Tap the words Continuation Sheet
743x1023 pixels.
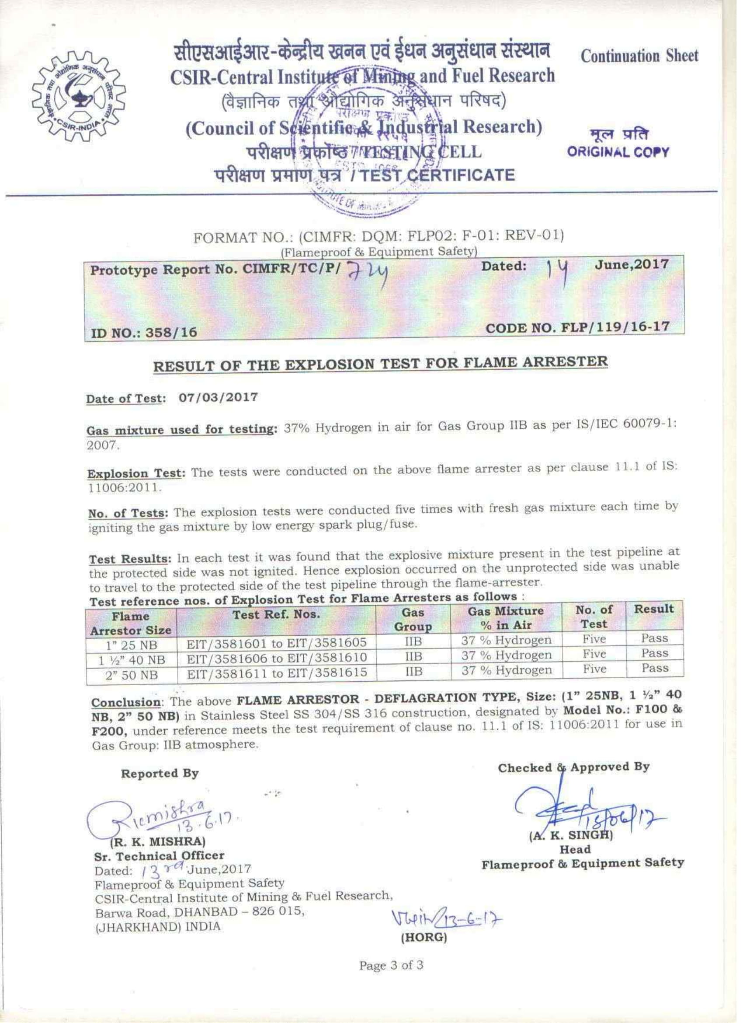point(639,56)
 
